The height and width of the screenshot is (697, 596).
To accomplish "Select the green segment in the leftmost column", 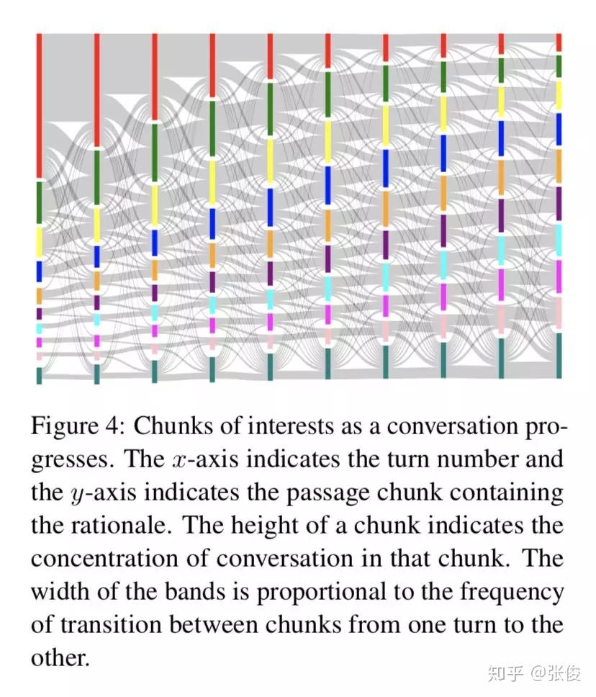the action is pyautogui.click(x=40, y=202).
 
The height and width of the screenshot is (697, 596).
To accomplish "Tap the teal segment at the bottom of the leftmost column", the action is pyautogui.click(x=40, y=375).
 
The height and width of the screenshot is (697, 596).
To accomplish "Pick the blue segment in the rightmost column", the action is pyautogui.click(x=559, y=130).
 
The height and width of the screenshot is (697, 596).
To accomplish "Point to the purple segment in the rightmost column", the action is pyautogui.click(x=559, y=203).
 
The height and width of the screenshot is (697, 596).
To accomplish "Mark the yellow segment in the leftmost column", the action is pyautogui.click(x=40, y=242).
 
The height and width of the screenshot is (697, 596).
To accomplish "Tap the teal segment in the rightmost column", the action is pyautogui.click(x=559, y=354).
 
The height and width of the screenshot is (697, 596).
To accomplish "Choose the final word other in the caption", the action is pyautogui.click(x=60, y=657).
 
